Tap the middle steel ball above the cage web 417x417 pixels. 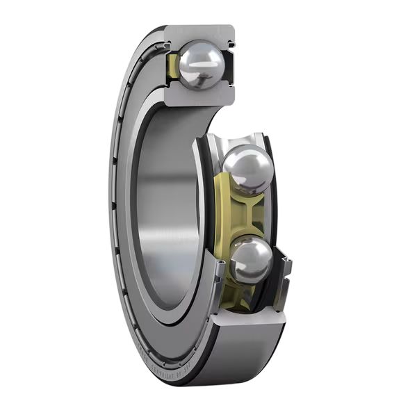(x=247, y=169)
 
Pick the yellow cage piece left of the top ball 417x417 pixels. (x=173, y=65)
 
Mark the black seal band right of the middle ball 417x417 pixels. (x=272, y=188)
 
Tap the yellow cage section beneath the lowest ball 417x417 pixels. (x=240, y=295)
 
